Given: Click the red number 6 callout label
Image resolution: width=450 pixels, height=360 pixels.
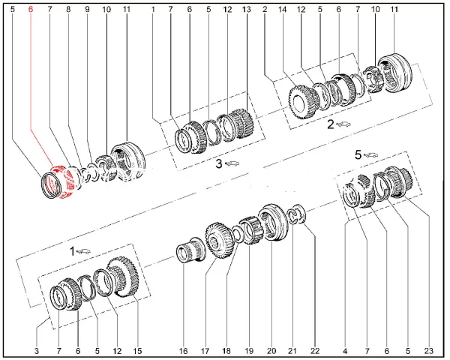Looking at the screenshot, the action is tap(31, 10).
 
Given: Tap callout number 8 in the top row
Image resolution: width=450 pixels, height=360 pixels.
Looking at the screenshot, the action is tap(68, 10).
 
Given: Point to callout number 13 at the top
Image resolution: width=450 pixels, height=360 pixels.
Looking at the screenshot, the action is tap(247, 10).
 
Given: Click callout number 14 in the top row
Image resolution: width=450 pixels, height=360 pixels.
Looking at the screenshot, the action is tap(283, 10).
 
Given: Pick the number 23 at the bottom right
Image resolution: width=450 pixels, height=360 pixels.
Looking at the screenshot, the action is tap(428, 351).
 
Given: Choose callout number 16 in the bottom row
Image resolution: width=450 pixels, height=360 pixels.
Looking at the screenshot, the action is tap(183, 351).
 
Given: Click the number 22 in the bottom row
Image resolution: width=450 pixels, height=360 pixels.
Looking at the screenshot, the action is tap(315, 351).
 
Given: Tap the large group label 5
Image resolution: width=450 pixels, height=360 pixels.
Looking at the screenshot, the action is tap(358, 155).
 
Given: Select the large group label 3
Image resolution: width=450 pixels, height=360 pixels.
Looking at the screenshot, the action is tap(219, 164).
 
